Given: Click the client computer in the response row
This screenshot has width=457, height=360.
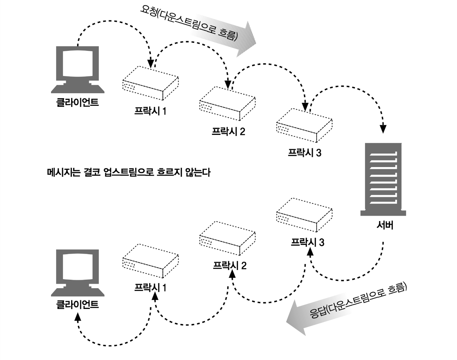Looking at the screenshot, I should pos(78,272).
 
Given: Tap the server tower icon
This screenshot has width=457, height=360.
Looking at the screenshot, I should pos(383,179).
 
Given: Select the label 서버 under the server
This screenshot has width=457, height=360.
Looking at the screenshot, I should pos(385,225).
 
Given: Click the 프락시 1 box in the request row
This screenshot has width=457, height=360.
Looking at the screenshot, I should pos(150,83).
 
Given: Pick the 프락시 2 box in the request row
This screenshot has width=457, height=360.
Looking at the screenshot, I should pos(227,104).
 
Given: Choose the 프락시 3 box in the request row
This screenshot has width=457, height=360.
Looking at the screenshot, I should pos(304,125).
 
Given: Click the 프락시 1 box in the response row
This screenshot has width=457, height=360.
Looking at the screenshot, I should pos(150,261).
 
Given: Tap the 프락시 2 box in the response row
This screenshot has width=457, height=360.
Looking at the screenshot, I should pos(227,238).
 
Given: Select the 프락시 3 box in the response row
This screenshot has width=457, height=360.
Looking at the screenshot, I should pos(304,215).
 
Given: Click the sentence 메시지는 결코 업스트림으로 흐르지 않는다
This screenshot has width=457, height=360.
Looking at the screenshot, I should pos(129,172).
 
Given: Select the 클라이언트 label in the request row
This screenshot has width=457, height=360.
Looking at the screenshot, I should pos(78,102).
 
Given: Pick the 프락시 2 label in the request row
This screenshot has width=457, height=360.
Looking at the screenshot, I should pos(228,131).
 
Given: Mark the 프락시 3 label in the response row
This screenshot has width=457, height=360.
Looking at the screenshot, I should pos(307,242).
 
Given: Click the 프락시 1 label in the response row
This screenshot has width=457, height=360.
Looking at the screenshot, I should pos(150,288).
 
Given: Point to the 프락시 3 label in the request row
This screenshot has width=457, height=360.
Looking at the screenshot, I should pos(305,153).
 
